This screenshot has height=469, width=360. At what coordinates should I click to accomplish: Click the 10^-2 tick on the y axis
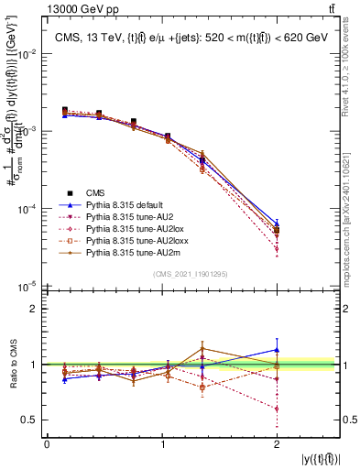click(x=27, y=54)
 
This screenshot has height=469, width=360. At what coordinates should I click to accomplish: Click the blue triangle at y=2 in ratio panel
click(x=277, y=350)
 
